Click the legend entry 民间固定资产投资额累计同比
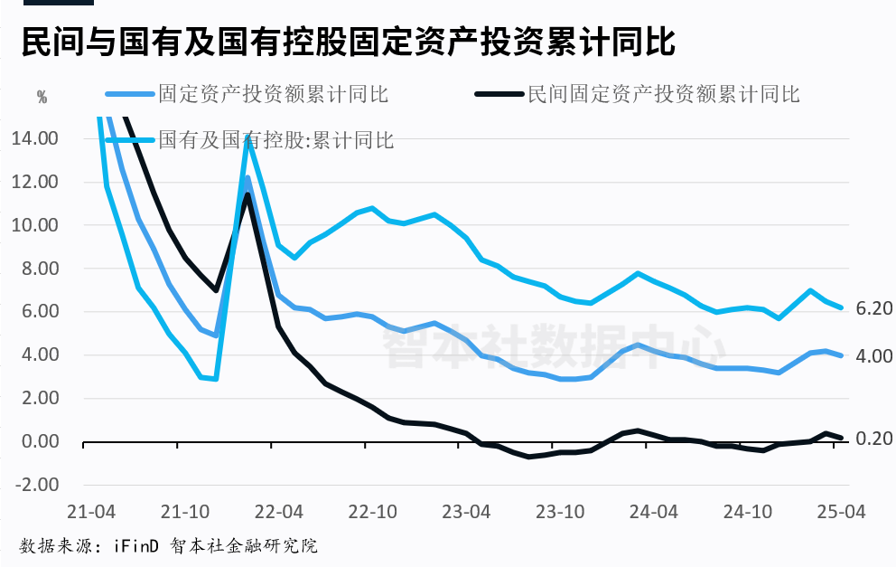coord(663,94)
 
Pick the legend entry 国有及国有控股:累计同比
coord(276,139)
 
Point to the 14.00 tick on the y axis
coord(35,138)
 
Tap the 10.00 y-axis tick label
coord(35,225)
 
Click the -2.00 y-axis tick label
coord(35,485)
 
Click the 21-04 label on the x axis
coord(96,511)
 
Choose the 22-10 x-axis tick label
coord(373,511)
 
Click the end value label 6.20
coord(873,308)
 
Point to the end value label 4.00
coord(873,356)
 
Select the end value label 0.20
coord(873,439)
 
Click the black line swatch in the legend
coord(499,94)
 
